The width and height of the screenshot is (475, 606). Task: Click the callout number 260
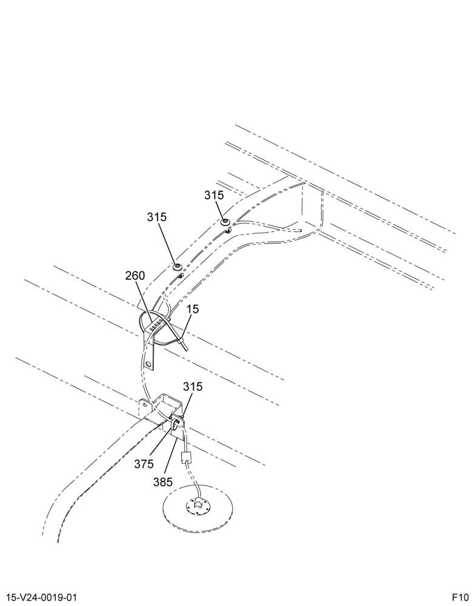click(x=135, y=276)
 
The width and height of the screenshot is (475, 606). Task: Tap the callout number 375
click(x=144, y=464)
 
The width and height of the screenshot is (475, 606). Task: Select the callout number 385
click(x=163, y=482)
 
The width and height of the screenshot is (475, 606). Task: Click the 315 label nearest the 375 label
click(x=193, y=387)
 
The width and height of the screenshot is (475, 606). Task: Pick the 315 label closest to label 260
click(x=156, y=217)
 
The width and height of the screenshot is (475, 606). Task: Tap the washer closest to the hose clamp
click(x=178, y=267)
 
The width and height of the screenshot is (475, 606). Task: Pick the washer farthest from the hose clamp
click(x=225, y=222)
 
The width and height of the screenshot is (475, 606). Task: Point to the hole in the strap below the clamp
click(x=148, y=364)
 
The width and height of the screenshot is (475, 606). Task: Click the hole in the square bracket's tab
click(x=145, y=405)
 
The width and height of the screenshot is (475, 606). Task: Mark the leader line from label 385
click(x=171, y=457)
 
